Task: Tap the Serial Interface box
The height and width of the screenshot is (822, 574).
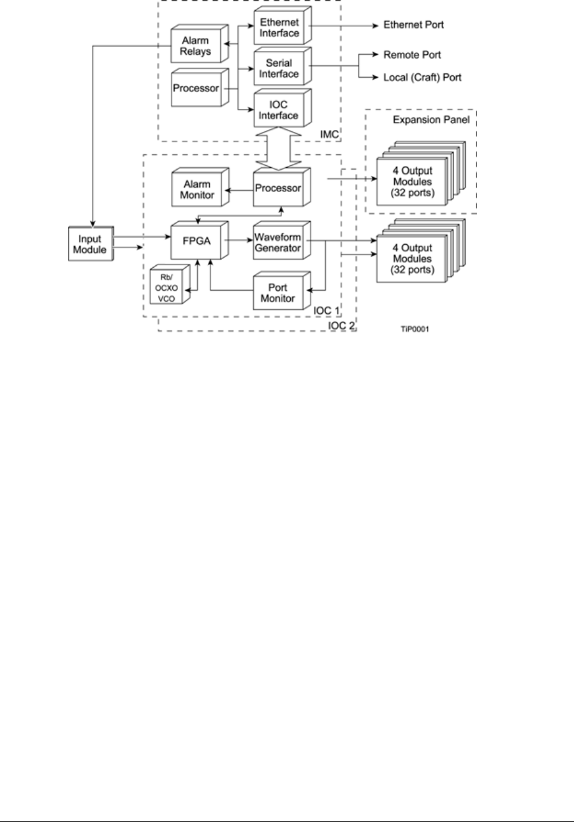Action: (x=278, y=68)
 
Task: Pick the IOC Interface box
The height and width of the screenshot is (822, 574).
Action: (x=278, y=108)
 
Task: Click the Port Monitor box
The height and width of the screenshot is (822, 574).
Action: (x=278, y=291)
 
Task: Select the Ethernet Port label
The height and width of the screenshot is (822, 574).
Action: (x=413, y=26)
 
